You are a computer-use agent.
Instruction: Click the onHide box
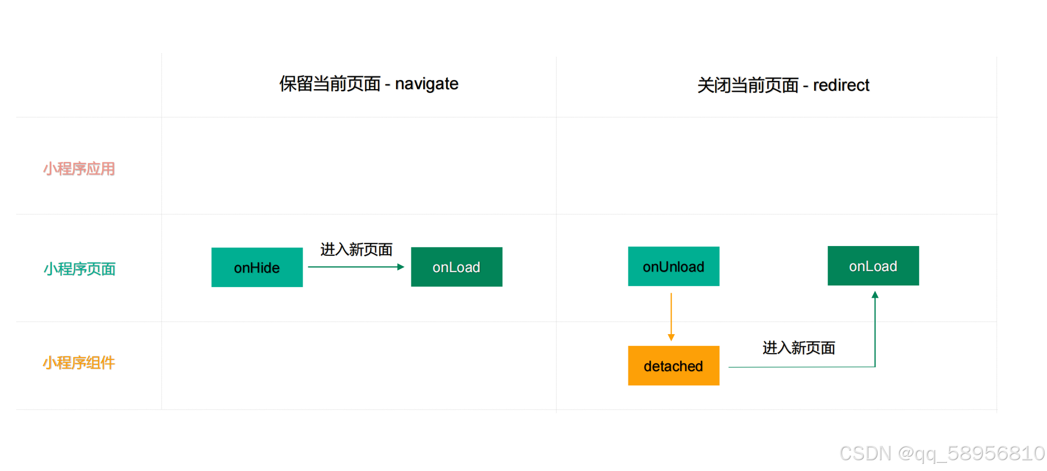tap(256, 268)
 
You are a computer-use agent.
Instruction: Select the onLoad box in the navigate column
tap(457, 267)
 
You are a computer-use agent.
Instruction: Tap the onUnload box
tap(674, 267)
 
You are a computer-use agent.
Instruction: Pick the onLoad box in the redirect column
tap(873, 266)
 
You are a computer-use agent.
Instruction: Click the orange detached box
tap(674, 366)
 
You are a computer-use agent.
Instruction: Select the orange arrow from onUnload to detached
tap(671, 314)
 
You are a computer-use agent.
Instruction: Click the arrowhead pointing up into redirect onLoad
tap(875, 295)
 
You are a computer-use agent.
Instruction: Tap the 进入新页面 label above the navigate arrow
tap(357, 250)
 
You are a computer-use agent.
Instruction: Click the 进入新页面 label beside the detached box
tap(799, 348)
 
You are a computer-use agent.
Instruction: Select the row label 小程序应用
tap(79, 169)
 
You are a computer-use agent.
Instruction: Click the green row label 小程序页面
tap(80, 269)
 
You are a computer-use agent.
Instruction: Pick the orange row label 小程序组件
tap(79, 363)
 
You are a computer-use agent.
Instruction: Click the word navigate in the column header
tap(426, 84)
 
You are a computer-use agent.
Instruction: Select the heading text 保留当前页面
tap(330, 84)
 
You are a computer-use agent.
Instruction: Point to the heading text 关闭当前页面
tap(747, 85)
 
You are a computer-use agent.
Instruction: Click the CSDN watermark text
tap(941, 454)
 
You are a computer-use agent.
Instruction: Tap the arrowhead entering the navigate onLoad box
tap(401, 267)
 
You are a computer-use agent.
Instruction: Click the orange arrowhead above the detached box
tap(671, 337)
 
